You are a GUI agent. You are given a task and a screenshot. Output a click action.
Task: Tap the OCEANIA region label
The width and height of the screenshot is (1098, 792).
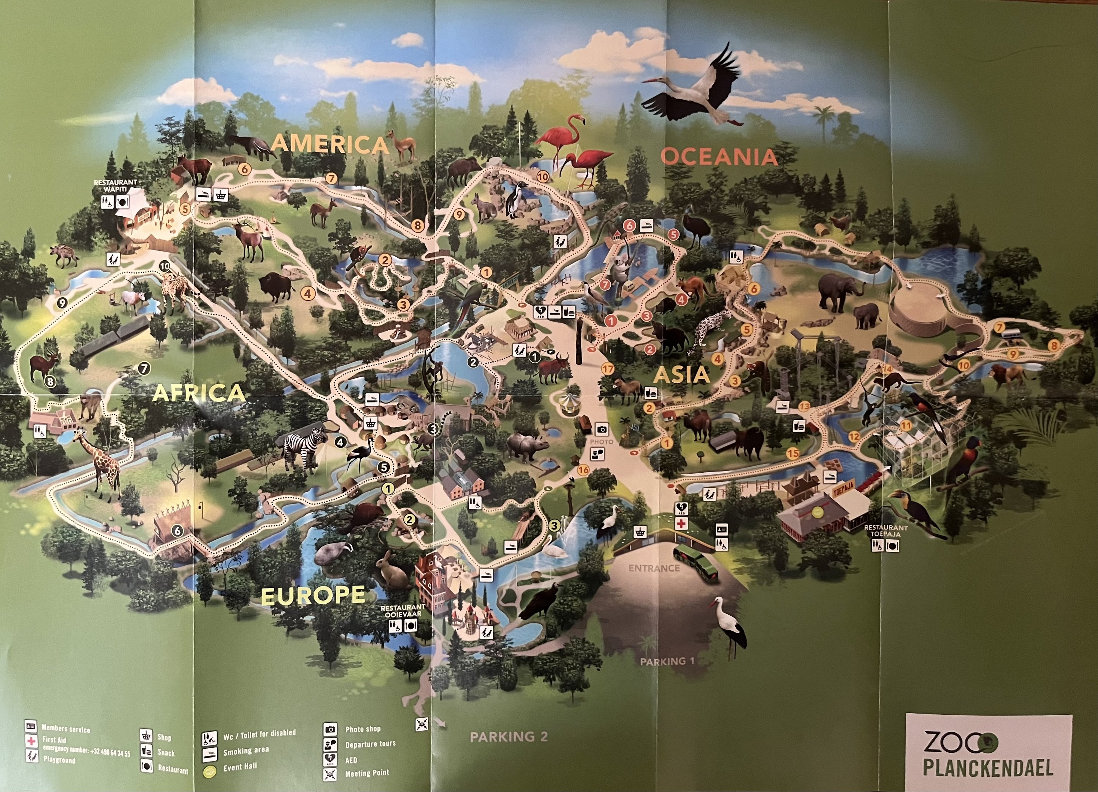pos(718,157)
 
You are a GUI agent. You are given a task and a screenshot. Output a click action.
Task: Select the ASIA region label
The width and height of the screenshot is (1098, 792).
pos(682,374)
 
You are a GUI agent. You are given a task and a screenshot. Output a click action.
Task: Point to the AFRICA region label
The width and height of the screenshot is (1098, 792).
pos(199,393)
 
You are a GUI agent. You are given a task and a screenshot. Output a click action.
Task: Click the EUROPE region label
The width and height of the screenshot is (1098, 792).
pos(313,595)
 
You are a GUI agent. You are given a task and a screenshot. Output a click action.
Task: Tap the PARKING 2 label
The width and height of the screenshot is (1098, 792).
pos(509,737)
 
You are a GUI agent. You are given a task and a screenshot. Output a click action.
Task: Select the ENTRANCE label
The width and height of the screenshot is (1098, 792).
pos(654,568)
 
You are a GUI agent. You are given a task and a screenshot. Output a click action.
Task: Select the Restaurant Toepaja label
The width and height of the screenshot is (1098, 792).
pos(886,531)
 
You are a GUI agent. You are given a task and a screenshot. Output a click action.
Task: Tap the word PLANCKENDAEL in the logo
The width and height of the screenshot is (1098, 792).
pos(988,768)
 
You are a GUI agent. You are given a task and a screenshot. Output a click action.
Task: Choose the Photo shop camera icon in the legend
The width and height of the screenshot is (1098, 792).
pos(330,729)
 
